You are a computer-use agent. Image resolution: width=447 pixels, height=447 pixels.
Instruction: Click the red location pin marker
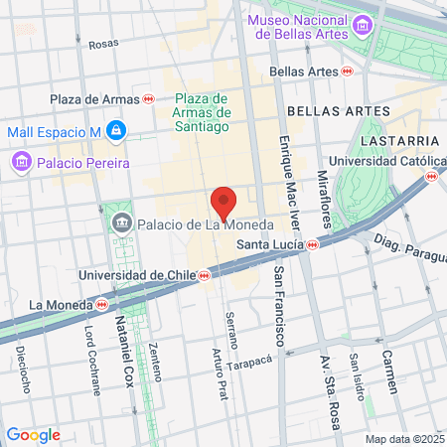coord(223,201)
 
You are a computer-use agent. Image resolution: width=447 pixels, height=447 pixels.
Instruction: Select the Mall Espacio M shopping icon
coord(116,130)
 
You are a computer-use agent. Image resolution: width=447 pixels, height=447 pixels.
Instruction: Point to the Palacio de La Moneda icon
coord(122,223)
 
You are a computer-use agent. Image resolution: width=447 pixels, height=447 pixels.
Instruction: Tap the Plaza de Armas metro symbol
coord(148,98)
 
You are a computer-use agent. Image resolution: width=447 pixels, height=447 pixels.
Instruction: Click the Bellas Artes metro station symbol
coord(347,72)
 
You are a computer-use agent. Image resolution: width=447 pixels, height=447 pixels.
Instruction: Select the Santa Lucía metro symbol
coord(313,243)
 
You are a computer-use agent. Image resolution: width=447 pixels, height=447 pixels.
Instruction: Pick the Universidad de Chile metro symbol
coord(203,275)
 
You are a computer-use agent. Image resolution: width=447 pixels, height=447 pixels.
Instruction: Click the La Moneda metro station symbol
coord(102,304)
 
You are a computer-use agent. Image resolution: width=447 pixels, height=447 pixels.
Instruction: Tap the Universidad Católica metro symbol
coord(430,176)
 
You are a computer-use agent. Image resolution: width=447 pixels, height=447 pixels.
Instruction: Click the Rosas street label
coord(103,45)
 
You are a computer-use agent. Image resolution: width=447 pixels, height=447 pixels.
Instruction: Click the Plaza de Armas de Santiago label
coord(202,112)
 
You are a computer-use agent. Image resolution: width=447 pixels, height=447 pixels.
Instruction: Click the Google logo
coord(33,435)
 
